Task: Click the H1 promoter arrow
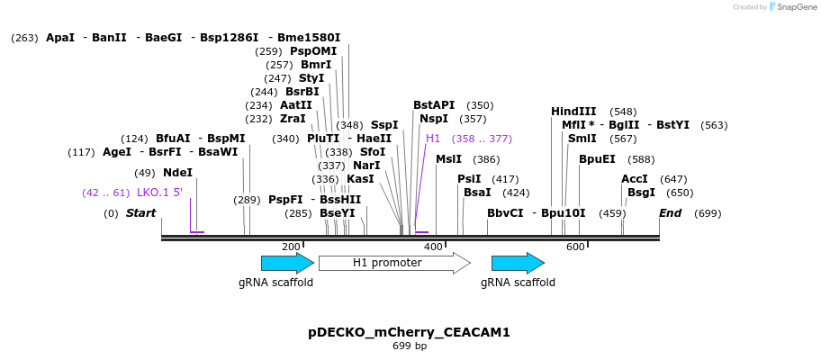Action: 393,263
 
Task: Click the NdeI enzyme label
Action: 177,173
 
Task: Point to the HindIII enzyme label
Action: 573,112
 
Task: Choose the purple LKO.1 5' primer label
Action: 159,193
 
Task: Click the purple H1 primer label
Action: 433,139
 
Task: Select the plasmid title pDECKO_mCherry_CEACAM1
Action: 409,332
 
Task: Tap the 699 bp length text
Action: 410,346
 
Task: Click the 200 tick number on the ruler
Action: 291,247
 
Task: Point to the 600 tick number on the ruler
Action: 575,247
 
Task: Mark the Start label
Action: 140,213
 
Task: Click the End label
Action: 670,213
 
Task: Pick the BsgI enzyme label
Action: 641,193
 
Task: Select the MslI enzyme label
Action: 448,159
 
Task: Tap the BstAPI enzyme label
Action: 434,105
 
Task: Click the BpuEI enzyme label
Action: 597,159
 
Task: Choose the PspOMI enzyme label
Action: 313,51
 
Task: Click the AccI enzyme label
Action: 634,179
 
